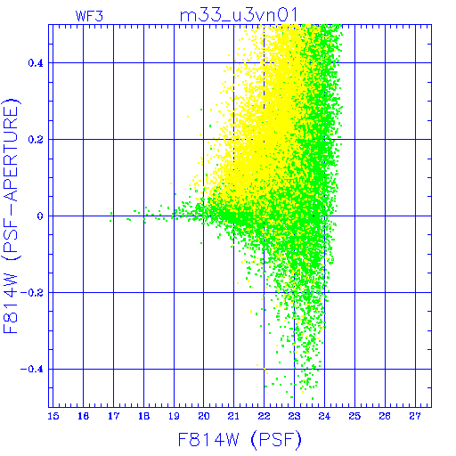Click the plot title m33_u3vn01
tap(239, 15)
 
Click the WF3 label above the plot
tap(89, 16)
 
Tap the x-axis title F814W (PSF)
tap(240, 440)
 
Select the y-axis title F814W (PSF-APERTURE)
tap(11, 216)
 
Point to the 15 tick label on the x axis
tap(53, 416)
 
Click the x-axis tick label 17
tap(113, 416)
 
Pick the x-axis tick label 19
tap(174, 416)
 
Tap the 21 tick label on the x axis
tap(233, 416)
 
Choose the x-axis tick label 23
tap(294, 416)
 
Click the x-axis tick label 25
tap(354, 416)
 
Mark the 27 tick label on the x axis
tap(415, 416)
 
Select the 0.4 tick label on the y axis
tap(36, 63)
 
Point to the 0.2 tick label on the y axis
tap(36, 140)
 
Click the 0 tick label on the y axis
tap(40, 216)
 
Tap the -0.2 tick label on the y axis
tap(32, 293)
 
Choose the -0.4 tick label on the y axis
tap(32, 370)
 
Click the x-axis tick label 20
tap(204, 416)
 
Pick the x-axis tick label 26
tap(385, 416)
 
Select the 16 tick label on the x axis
tap(84, 416)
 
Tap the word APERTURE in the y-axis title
tap(11, 156)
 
